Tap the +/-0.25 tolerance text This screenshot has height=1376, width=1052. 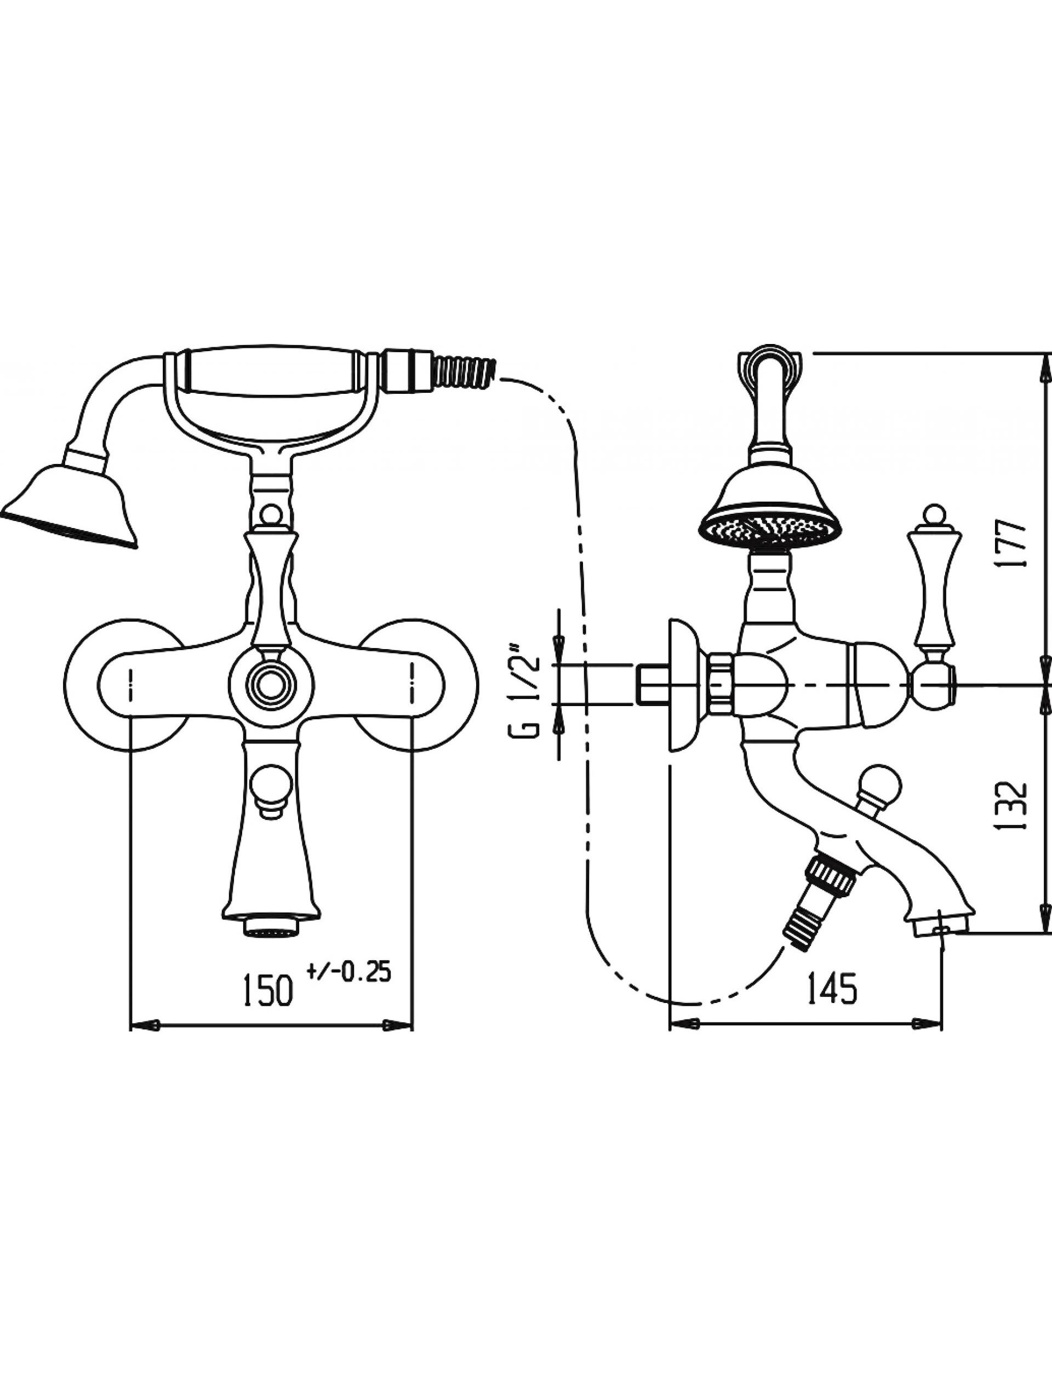pyautogui.click(x=349, y=971)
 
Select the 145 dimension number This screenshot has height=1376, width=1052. pyautogui.click(x=832, y=989)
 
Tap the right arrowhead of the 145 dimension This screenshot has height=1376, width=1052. pyautogui.click(x=928, y=1024)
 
